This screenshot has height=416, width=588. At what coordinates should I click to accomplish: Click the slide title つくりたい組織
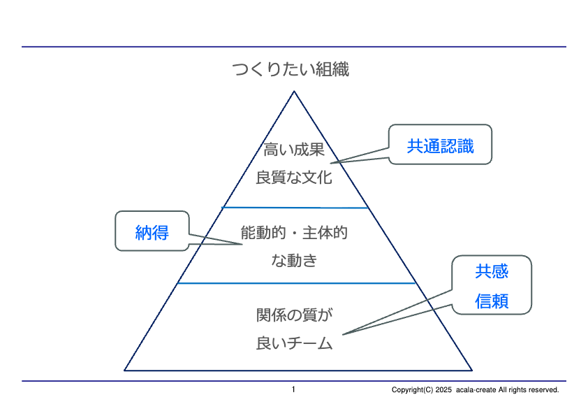[291, 69]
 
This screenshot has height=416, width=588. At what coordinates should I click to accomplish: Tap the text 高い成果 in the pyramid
[294, 149]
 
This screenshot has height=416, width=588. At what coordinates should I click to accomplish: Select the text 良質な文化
[294, 177]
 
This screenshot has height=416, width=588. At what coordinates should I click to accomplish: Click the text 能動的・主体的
[294, 233]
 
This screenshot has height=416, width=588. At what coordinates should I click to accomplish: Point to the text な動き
[294, 261]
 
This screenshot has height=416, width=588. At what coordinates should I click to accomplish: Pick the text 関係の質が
[294, 315]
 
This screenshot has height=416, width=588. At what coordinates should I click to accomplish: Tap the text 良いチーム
[294, 343]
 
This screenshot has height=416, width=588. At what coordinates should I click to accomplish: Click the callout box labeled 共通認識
[440, 145]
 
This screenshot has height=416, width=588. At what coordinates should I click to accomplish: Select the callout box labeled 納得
[152, 231]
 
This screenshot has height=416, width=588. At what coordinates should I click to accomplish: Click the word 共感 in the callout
[492, 271]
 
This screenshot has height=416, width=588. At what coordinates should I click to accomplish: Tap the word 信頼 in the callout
[492, 301]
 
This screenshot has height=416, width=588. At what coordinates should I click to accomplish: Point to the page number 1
[293, 389]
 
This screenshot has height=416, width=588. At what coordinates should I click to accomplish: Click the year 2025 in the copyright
[444, 390]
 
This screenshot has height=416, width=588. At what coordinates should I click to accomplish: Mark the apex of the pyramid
[294, 92]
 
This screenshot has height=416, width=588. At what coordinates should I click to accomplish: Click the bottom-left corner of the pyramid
[125, 370]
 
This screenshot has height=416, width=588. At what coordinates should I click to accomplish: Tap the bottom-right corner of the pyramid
[472, 370]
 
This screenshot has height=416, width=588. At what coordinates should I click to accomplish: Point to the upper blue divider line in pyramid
[295, 208]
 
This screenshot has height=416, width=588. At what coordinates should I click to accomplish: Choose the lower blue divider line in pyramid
[297, 283]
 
